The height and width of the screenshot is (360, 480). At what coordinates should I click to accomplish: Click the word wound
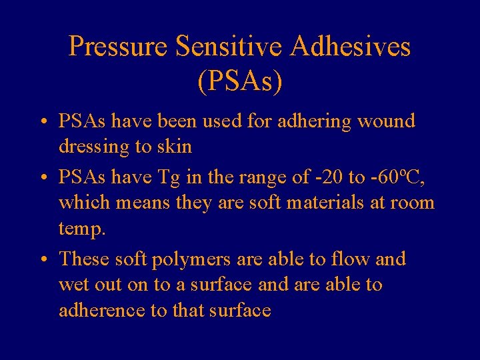click(x=386, y=121)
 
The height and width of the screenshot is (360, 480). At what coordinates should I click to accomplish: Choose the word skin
click(x=175, y=147)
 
